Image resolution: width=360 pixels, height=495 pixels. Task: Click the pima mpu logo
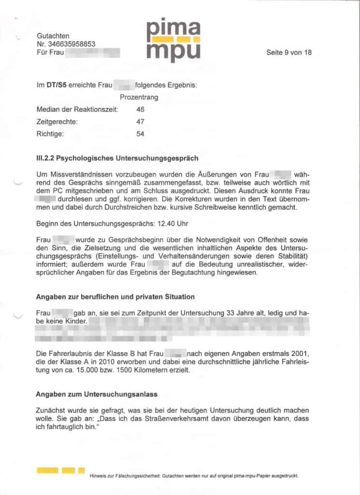click(x=173, y=41)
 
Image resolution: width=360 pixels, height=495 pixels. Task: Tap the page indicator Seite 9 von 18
click(x=288, y=52)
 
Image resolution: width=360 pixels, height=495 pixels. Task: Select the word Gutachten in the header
click(x=53, y=35)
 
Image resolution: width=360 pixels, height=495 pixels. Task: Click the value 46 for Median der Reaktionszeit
click(x=140, y=110)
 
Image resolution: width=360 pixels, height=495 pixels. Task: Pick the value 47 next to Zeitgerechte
click(x=140, y=122)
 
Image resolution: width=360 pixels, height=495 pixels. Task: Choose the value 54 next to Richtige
click(x=140, y=134)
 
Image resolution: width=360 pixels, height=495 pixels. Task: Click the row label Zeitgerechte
click(x=57, y=122)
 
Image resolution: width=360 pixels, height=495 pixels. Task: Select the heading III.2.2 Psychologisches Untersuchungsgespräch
click(x=117, y=158)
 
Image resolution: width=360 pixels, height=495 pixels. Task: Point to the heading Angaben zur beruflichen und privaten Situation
click(x=115, y=296)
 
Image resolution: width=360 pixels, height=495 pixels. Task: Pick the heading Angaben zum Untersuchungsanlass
click(x=97, y=394)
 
